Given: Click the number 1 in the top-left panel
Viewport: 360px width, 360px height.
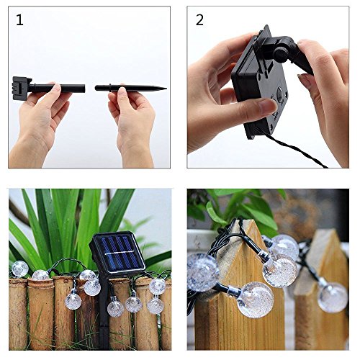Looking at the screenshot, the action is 19,20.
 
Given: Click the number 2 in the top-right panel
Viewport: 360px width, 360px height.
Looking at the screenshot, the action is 199,20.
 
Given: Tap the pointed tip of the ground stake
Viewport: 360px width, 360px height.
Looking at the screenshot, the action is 166,89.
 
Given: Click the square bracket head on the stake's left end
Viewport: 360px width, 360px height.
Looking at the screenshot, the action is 21,88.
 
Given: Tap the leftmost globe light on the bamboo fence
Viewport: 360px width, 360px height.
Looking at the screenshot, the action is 19,269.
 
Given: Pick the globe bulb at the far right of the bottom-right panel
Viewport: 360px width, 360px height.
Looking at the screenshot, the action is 333,297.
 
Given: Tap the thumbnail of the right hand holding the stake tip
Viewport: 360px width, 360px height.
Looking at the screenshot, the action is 122,91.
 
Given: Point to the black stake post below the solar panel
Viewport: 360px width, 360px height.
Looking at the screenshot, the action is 104,312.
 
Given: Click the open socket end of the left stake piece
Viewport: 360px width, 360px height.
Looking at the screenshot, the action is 84,88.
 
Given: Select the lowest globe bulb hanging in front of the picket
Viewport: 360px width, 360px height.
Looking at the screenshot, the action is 255,300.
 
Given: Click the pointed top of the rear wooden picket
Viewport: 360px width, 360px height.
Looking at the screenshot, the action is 329,232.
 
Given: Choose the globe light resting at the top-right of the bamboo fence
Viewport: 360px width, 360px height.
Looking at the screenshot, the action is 158,286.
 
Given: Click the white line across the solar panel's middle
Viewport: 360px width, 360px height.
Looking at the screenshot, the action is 120,253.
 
